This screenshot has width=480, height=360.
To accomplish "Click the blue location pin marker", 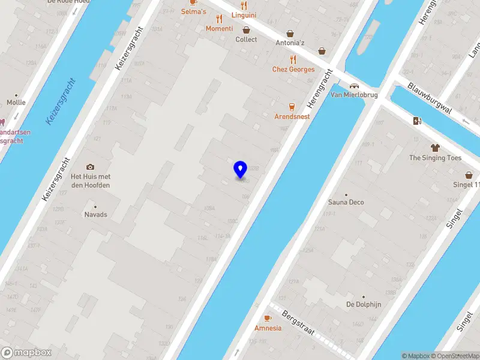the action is click(241, 170).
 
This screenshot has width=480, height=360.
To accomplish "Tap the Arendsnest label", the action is click(292, 116).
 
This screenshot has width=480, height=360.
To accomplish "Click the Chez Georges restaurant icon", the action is click(293, 59).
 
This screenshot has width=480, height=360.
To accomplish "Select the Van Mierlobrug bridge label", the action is click(354, 95).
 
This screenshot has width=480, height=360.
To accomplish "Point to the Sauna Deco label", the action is click(346, 202).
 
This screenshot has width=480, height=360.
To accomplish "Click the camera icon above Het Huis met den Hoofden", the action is click(91, 167).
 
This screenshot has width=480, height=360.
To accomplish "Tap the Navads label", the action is click(95, 214).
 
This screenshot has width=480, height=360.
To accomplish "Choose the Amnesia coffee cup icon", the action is click(268, 319).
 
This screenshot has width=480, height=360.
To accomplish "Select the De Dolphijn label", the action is click(364, 304).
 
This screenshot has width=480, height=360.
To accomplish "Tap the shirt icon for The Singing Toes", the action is click(436, 148).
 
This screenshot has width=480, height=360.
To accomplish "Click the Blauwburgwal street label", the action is click(428, 96).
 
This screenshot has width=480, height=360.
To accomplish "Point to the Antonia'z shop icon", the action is click(291, 34).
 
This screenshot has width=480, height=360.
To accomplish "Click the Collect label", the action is click(246, 40).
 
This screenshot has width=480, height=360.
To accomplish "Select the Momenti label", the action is click(219, 29).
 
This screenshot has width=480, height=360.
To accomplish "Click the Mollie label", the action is click(16, 103).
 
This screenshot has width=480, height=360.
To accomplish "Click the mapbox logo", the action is click(26, 353).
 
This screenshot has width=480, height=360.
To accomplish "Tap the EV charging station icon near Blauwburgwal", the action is click(418, 121).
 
